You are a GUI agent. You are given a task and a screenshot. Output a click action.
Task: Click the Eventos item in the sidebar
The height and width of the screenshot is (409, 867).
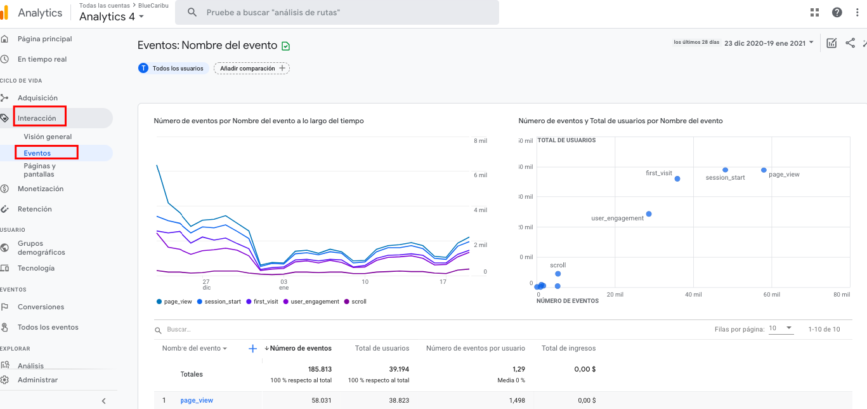(37, 153)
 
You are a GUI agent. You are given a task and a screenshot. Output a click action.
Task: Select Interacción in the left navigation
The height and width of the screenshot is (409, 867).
(37, 118)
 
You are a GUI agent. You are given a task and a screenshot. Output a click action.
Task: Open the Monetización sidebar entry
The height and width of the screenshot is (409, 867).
(41, 189)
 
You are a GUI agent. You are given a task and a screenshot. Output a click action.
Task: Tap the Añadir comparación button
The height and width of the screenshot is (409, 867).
(252, 68)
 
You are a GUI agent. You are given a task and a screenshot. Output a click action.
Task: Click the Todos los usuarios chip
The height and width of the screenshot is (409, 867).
(173, 68)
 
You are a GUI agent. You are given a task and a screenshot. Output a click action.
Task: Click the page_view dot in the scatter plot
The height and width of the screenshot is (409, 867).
(764, 170)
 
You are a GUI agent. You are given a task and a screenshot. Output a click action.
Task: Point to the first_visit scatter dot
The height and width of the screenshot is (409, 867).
(677, 178)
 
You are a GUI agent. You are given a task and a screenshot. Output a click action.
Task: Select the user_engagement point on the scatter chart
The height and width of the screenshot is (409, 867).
(649, 214)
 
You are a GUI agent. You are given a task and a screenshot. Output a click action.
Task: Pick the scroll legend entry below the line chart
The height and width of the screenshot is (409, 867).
(358, 302)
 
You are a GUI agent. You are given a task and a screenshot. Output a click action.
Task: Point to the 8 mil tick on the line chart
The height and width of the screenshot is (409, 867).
(480, 140)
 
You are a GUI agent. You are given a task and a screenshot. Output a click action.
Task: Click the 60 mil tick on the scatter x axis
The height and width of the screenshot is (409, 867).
(771, 295)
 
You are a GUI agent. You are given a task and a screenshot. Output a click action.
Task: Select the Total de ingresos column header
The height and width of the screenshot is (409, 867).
(568, 348)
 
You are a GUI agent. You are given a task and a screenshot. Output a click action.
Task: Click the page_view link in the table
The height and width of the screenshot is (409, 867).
(197, 400)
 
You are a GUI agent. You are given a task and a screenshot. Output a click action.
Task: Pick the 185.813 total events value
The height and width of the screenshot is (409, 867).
(320, 369)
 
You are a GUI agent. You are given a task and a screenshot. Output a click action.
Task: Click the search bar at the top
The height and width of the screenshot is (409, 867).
(337, 13)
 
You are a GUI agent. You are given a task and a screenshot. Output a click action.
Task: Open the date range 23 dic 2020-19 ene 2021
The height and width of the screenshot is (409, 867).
(768, 43)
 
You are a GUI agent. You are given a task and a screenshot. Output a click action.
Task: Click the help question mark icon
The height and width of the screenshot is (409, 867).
(837, 13)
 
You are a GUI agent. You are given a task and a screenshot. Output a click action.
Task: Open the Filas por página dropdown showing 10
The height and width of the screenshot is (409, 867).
(780, 328)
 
